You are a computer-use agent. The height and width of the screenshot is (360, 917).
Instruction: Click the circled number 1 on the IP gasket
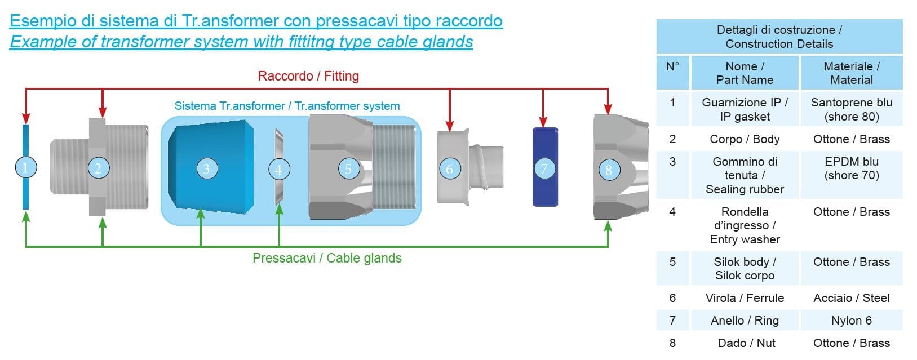25,167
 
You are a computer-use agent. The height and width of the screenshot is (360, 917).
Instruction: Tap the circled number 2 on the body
98,168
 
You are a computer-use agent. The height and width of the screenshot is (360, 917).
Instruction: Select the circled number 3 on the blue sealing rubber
206,168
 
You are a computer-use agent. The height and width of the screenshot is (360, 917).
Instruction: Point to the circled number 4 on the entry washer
278,169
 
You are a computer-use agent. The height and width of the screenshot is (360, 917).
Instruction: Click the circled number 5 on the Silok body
348,168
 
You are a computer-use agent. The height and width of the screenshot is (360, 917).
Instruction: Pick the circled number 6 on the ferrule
449,168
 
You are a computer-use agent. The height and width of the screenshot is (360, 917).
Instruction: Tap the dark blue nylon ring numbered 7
544,168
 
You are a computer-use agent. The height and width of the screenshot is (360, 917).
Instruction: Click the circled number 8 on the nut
608,169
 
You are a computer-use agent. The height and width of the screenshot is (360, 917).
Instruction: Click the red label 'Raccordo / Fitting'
308,76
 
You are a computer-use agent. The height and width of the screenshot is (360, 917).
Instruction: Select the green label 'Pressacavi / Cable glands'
327,258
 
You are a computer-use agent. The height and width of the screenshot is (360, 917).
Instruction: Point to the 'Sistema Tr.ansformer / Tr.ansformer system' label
287,106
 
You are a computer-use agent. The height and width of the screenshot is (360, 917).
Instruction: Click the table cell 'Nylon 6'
851,321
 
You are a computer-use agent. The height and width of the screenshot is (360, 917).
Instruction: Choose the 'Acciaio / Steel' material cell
851,298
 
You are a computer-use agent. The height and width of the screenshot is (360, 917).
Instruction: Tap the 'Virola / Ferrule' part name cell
745,298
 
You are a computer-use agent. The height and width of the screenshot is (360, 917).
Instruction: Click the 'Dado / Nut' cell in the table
746,343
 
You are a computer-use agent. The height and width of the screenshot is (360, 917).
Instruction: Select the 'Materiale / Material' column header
851,73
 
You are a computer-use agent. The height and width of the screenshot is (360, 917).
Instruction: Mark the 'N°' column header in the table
672,66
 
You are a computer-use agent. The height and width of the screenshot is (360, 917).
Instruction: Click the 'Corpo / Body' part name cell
745,139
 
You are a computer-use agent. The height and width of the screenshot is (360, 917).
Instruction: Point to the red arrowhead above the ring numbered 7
543,122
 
